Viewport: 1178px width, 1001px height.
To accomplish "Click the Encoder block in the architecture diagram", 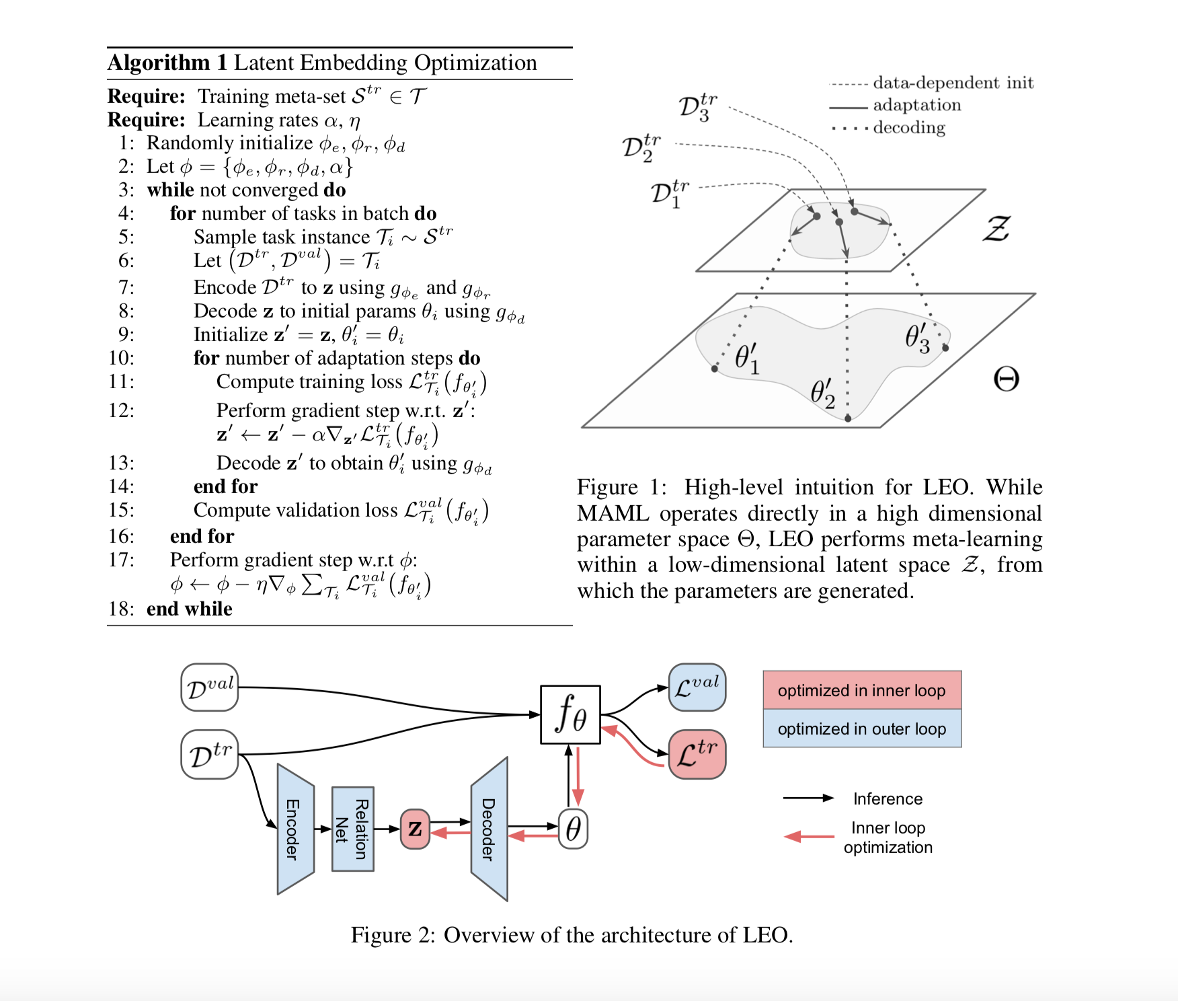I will (x=295, y=829).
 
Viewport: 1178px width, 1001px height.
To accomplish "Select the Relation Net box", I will (x=353, y=829).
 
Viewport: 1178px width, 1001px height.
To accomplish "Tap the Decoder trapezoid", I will (x=489, y=829).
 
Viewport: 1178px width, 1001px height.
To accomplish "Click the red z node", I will (x=415, y=829).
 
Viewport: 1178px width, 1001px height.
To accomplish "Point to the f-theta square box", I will (x=570, y=714).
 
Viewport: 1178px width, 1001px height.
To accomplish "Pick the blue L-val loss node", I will (x=697, y=687).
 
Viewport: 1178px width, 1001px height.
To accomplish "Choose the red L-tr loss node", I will (x=697, y=754).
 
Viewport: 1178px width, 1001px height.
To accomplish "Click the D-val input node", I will (x=210, y=688).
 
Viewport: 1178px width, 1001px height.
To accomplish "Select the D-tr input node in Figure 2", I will (x=210, y=754).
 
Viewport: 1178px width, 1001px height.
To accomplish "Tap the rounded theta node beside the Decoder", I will (x=573, y=829).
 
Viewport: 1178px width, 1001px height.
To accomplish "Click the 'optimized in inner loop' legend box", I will (x=861, y=690).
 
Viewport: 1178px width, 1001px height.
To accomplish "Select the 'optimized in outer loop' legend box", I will (x=861, y=729).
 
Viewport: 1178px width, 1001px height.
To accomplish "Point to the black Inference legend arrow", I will (x=808, y=799).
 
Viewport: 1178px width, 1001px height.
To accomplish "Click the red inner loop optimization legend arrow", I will (x=809, y=837).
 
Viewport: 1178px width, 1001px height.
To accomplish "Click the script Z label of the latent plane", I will (x=996, y=229).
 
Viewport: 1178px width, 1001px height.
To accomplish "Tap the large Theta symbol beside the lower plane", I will (x=1006, y=379).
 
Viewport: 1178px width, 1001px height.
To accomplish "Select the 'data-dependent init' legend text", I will (x=953, y=83).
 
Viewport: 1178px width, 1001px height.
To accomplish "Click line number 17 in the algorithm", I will (x=121, y=560).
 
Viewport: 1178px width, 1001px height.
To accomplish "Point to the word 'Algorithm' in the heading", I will (x=159, y=63).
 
